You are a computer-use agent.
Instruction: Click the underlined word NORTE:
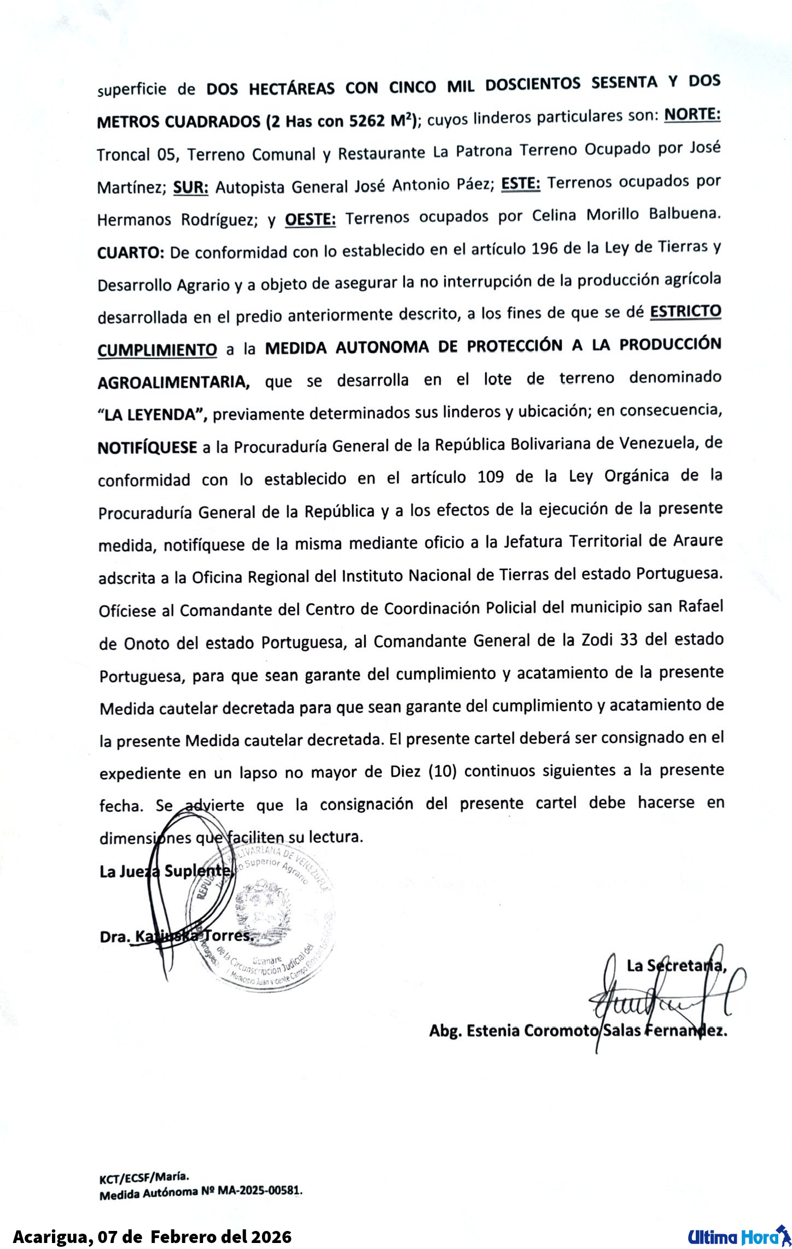692,115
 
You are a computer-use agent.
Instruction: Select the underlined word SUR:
191,188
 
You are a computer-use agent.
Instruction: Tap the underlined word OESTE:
310,219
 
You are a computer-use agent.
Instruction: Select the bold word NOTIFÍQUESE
147,447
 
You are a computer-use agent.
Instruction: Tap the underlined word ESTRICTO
685,312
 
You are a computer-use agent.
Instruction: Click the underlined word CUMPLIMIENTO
157,349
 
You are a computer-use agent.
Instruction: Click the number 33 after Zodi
628,639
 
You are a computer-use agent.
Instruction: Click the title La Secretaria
676,966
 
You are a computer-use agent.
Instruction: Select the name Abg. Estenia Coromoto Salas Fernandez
578,1031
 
